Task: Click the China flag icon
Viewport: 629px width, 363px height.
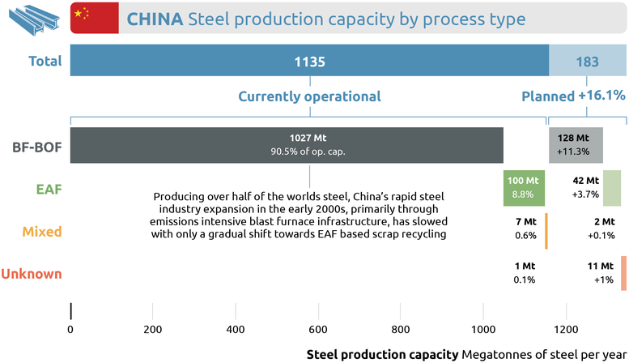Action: [87, 18]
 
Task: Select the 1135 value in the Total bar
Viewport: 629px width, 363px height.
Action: [309, 62]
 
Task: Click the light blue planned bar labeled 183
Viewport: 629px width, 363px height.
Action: [586, 62]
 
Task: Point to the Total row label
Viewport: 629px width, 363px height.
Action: [44, 62]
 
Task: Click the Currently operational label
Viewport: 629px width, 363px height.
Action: [309, 96]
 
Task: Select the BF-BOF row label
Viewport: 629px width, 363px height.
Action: [37, 147]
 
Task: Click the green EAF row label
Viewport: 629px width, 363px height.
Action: [49, 189]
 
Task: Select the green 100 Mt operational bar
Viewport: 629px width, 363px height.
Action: [521, 188]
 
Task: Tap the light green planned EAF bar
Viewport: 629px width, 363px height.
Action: [611, 188]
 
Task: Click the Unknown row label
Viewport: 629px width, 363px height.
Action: [32, 274]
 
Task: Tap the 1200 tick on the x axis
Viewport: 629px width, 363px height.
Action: [566, 331]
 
